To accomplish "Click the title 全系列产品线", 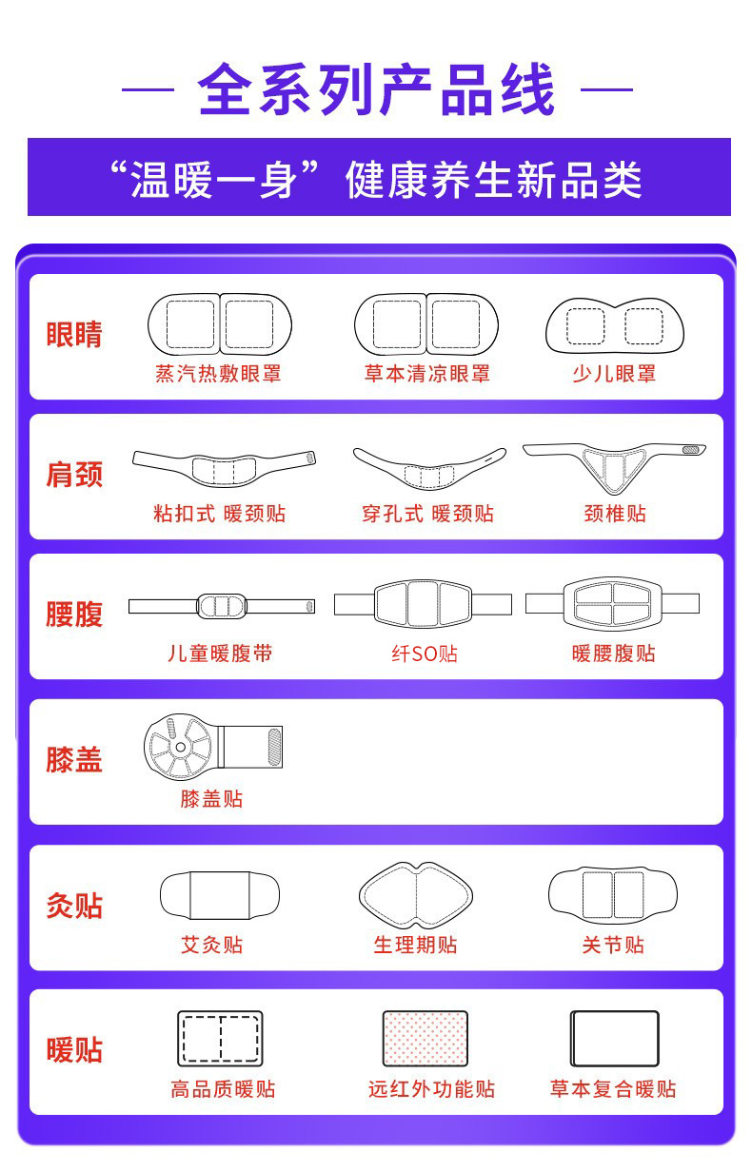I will coord(376,90).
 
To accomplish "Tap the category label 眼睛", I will coord(74,335).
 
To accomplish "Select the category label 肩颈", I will coord(74,475).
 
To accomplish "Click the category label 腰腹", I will coord(74,614).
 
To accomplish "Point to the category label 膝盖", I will coord(74,759).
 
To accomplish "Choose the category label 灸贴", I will coord(74,906).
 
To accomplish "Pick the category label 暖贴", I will coord(74,1051).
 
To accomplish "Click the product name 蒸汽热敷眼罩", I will coord(219,374).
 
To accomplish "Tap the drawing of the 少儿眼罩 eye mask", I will coord(614,326).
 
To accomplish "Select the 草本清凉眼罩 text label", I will coord(426,374).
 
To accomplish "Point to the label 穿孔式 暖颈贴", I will coord(427,514).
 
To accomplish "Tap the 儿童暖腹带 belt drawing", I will coord(221,606).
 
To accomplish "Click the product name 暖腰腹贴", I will coord(614,654).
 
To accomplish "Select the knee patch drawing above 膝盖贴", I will coord(212,745).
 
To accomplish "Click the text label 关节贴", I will coord(613,945).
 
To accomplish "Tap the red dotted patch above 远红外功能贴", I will coord(425,1039).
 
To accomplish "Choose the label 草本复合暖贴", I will coord(613,1089).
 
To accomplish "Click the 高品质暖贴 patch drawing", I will coord(220,1039).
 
